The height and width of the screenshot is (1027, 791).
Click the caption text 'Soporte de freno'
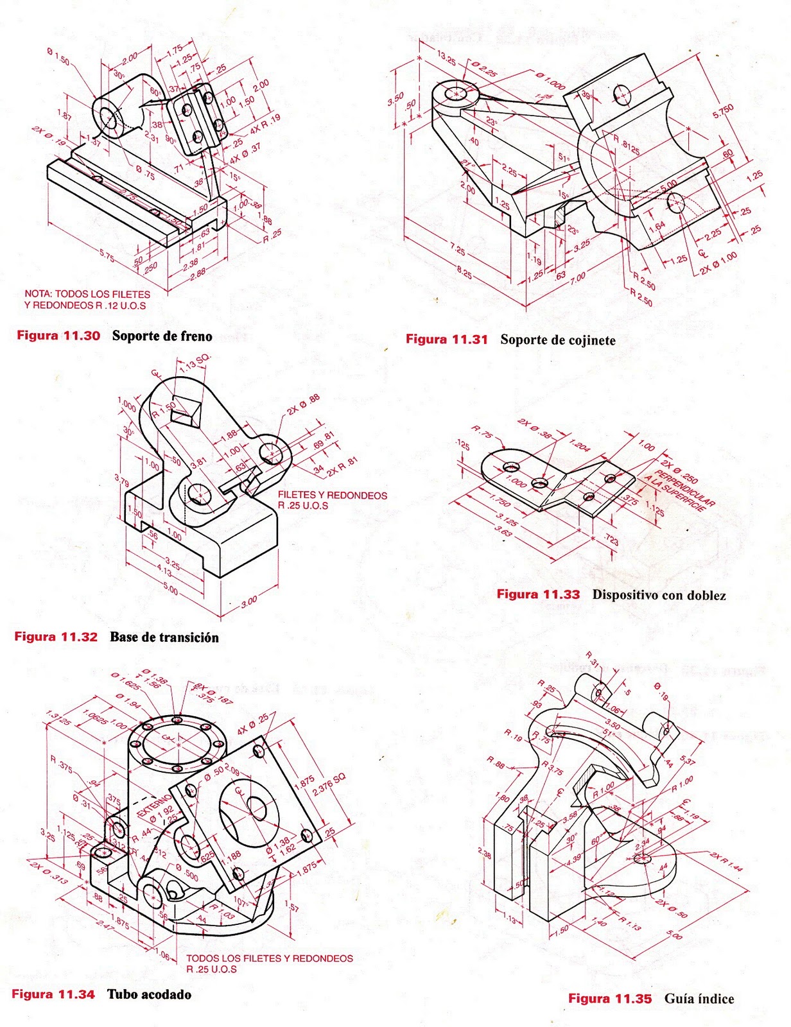[x=162, y=336]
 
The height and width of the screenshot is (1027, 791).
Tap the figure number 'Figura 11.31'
[x=447, y=340]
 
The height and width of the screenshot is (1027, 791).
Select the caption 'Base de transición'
[x=164, y=637]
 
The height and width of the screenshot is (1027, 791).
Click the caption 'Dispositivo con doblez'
[x=659, y=595]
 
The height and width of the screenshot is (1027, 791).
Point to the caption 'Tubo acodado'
[x=149, y=994]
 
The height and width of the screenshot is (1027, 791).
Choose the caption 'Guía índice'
[x=699, y=999]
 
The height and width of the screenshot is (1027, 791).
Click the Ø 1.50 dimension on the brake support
[x=58, y=56]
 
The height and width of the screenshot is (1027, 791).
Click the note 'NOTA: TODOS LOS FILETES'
[x=87, y=294]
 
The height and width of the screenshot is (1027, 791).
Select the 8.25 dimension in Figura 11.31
[x=464, y=274]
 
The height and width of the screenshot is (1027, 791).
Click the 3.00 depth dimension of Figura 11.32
[x=248, y=601]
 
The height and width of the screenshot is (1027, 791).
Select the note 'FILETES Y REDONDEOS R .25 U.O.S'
[x=332, y=500]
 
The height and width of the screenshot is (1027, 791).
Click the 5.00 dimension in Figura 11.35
[x=674, y=935]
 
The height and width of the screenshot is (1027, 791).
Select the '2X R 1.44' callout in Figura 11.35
[x=726, y=862]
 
